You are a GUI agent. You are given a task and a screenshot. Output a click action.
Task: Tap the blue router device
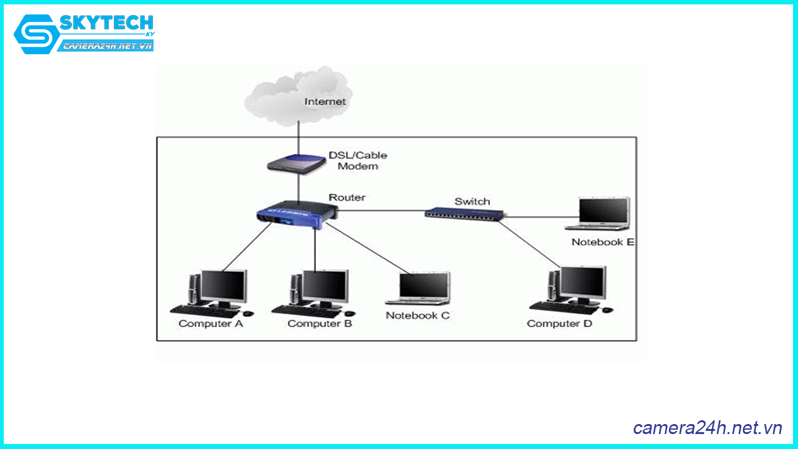(x=295, y=214)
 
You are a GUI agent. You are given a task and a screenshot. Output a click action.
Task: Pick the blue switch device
(x=465, y=213)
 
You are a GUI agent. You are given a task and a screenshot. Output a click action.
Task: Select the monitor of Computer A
(x=224, y=286)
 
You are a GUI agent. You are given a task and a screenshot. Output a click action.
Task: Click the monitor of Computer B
(x=325, y=286)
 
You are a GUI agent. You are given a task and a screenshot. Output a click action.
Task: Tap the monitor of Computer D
(x=582, y=282)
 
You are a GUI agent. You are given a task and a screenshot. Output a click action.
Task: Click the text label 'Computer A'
(x=211, y=324)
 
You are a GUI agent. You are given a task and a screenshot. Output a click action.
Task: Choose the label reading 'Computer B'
(x=320, y=324)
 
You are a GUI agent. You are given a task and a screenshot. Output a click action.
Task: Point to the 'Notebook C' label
(x=417, y=316)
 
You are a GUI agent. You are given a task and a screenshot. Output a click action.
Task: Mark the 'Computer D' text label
(x=559, y=324)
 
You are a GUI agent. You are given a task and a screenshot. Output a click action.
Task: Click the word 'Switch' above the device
(x=472, y=201)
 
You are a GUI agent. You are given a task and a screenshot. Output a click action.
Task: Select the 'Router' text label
(x=347, y=197)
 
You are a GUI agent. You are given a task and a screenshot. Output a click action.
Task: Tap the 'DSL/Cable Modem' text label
(x=358, y=161)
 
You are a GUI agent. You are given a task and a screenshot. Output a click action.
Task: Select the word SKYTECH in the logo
(x=106, y=23)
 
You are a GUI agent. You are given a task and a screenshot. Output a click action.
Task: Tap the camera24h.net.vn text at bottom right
(x=707, y=428)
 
